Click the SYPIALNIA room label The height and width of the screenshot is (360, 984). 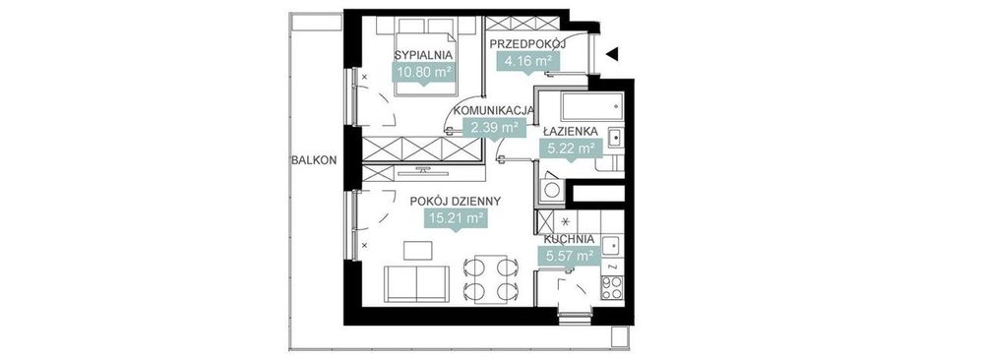pos(423,54)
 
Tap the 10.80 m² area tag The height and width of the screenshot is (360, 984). pos(423,72)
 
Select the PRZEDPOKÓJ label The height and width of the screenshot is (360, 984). pos(527,44)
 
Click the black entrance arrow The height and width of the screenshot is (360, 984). pos(612,54)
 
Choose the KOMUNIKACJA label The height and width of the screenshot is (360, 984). pos(494,110)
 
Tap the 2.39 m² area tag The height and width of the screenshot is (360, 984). pos(495,128)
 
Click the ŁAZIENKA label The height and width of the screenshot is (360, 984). pos(570,132)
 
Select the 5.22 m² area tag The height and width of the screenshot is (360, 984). pos(570,150)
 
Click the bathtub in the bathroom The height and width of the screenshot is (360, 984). pos(592,107)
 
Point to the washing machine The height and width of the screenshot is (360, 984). pos(552,190)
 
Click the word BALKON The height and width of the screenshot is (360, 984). pos(315,160)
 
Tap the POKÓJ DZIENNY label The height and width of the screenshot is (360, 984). pos(455,202)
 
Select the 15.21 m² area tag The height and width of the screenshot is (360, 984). pos(456,219)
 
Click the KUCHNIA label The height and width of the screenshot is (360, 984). pos(569,239)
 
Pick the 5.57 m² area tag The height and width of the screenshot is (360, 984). pos(568,256)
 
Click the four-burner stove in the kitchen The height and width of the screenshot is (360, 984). pos(612,287)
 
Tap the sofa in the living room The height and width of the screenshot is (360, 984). pos(416,283)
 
